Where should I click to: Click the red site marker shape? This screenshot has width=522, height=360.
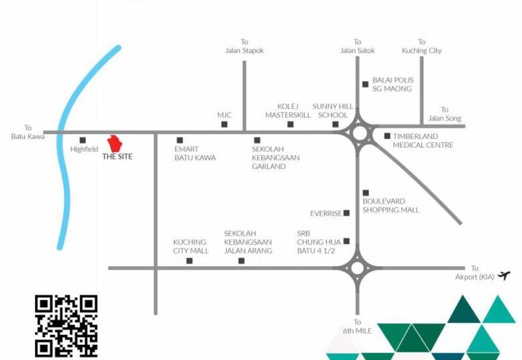pos(115,143)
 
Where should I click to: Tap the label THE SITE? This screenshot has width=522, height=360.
pos(117,157)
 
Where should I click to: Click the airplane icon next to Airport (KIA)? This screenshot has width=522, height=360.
pos(502,275)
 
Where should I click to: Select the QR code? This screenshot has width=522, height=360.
pos(66,326)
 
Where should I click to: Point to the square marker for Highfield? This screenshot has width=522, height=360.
pos(83,140)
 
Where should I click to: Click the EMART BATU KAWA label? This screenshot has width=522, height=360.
pos(195,153)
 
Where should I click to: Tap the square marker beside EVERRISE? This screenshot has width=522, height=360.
pos(346,213)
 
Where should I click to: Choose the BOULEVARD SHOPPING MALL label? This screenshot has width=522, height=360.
pos(391,205)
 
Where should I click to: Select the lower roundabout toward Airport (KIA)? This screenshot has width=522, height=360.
pos(358,267)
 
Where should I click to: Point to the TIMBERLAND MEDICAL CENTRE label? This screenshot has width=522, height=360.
pos(423,140)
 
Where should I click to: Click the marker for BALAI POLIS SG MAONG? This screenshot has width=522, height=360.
pos(365,83)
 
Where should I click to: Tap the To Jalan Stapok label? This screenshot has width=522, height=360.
pos(245,46)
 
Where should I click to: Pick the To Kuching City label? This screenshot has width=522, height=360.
pos(422,46)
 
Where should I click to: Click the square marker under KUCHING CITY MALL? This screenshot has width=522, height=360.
pos(190,261)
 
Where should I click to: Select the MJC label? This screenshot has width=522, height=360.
pos(224,115)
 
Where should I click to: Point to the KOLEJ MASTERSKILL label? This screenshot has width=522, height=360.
pos(288,110)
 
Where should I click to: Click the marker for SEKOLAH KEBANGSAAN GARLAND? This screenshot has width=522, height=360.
pos(257,140)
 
